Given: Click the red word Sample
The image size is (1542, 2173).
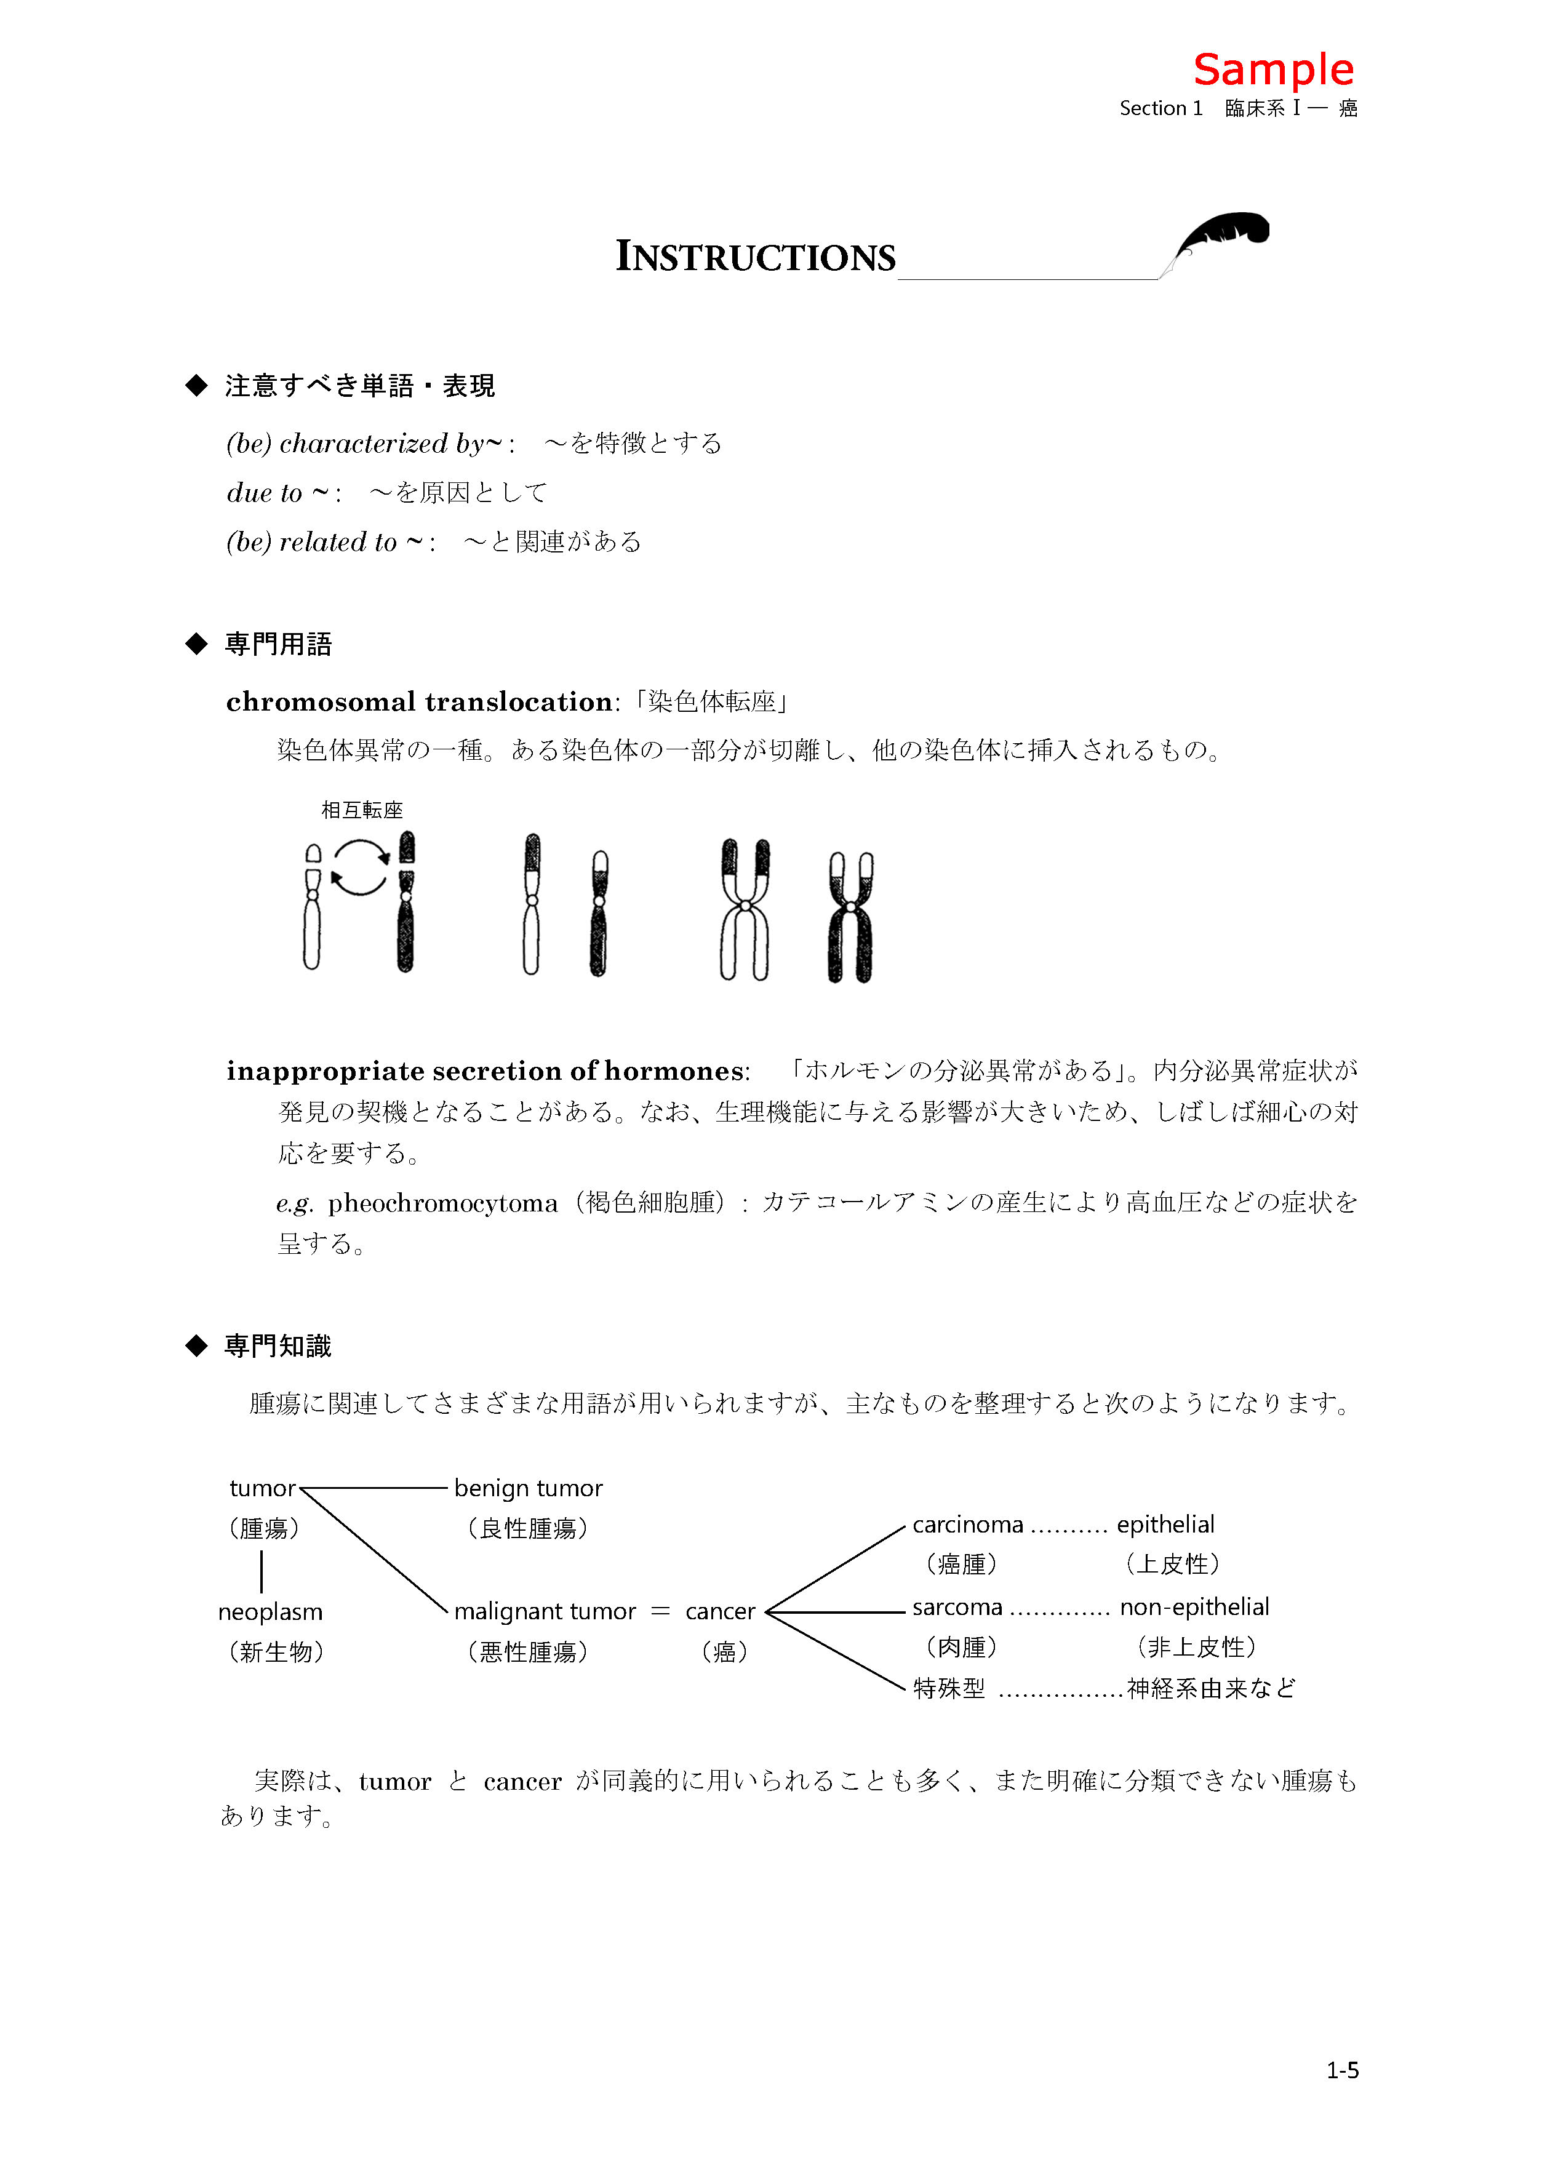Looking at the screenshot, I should click(x=1272, y=70).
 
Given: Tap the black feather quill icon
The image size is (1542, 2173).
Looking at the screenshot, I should click(x=1221, y=236).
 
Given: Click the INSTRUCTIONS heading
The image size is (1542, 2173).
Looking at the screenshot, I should click(x=755, y=257).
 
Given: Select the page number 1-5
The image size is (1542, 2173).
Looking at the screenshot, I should click(x=1341, y=2070).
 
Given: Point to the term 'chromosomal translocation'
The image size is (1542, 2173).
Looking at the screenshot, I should click(x=418, y=701).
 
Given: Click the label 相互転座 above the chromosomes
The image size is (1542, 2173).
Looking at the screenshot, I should click(x=362, y=810).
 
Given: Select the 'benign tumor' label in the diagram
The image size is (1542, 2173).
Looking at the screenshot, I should click(x=528, y=1488).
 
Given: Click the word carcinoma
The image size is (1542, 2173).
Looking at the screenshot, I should click(x=967, y=1525).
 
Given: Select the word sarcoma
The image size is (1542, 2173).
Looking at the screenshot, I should click(x=957, y=1606).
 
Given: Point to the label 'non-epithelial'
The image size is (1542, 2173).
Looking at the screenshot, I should click(x=1194, y=1606).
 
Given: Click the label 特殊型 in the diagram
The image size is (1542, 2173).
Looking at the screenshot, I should click(x=949, y=1688).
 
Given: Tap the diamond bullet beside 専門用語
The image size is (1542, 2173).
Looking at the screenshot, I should click(x=196, y=644).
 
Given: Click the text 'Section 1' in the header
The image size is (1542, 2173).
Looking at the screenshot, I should click(x=1160, y=108).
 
